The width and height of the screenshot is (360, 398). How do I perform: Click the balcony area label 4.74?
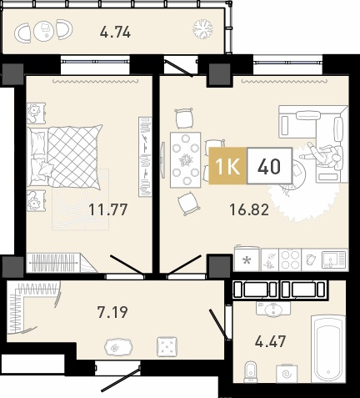pyautogui.click(x=115, y=33)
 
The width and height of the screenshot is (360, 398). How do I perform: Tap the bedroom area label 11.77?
pyautogui.click(x=107, y=209)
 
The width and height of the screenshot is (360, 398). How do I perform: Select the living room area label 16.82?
pyautogui.click(x=249, y=209)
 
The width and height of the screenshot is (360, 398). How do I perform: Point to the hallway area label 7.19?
pyautogui.click(x=112, y=312)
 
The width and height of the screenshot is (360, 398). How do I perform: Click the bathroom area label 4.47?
pyautogui.click(x=270, y=341)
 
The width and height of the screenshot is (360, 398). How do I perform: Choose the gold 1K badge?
pyautogui.click(x=227, y=166)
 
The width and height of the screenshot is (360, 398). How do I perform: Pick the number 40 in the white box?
pyautogui.click(x=269, y=166)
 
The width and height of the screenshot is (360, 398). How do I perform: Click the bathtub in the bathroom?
pyautogui.click(x=328, y=349)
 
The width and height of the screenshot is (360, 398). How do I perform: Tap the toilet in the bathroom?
pyautogui.click(x=251, y=371)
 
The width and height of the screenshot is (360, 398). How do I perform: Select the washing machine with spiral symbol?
pyautogui.click(x=287, y=373)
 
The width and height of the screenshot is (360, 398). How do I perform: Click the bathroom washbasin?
pyautogui.click(x=273, y=309)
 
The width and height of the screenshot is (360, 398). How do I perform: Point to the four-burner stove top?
pyautogui.click(x=290, y=259)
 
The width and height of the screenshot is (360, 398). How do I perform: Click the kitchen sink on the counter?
pyautogui.click(x=333, y=259)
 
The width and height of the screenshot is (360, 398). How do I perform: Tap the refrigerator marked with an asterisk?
pyautogui.click(x=247, y=260)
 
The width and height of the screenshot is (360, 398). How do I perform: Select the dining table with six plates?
pyautogui.click(x=186, y=160)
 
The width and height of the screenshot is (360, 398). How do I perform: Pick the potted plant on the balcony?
pyautogui.click(x=202, y=29)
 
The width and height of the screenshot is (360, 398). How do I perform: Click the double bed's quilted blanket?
pyautogui.click(x=74, y=156)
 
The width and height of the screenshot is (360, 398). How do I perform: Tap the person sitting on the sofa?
pyautogui.click(x=322, y=154)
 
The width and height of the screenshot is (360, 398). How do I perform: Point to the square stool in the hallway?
pyautogui.click(x=167, y=347)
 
